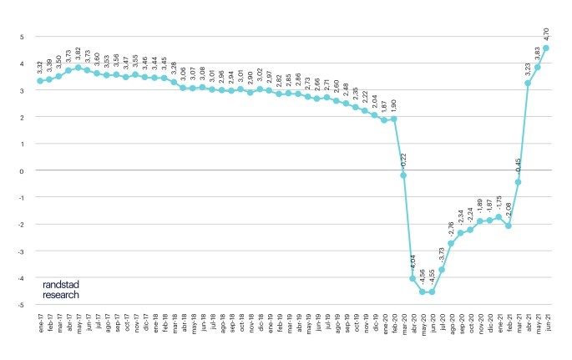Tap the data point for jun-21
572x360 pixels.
(547, 48)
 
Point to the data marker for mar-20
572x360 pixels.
(403, 175)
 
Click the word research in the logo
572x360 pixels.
(62, 294)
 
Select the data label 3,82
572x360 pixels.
(78, 55)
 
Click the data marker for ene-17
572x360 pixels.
(40, 81)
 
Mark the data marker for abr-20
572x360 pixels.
(413, 278)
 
